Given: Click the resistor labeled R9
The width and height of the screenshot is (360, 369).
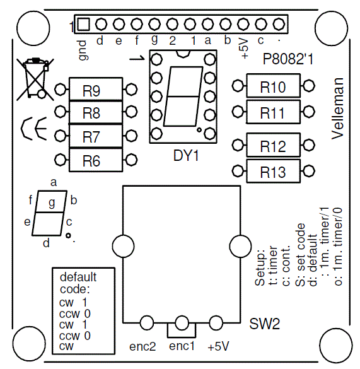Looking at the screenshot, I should pyautogui.click(x=95, y=90).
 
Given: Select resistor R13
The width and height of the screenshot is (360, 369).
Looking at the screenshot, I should pyautogui.click(x=273, y=172).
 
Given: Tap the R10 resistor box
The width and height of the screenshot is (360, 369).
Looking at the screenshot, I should pyautogui.click(x=273, y=86).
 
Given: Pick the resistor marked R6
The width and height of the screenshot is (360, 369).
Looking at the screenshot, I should pyautogui.click(x=95, y=160).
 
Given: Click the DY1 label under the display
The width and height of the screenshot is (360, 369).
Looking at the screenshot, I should pyautogui.click(x=185, y=155).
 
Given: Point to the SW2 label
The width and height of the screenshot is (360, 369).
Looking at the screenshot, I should pyautogui.click(x=264, y=324).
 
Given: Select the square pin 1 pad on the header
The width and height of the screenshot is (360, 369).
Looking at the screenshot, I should pyautogui.click(x=83, y=25).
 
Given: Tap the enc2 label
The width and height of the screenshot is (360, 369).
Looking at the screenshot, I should pyautogui.click(x=142, y=346).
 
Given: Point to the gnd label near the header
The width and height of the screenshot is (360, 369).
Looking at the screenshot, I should pyautogui.click(x=83, y=50).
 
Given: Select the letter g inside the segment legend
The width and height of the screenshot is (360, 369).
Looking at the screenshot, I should pyautogui.click(x=52, y=202).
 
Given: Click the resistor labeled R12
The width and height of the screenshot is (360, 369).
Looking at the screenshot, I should pyautogui.click(x=273, y=146).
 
